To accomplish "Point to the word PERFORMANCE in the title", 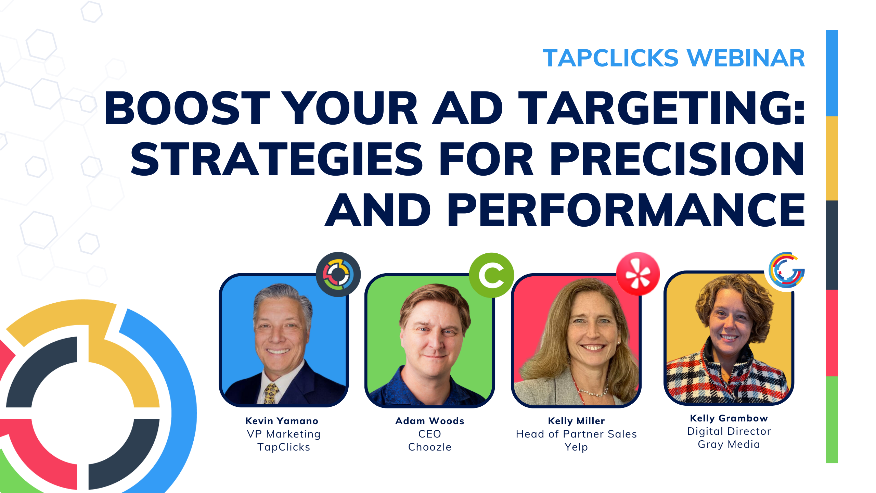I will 626,210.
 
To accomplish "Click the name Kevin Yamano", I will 282,421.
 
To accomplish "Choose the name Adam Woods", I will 430,421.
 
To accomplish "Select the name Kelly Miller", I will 576,421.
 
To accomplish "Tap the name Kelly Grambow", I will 729,418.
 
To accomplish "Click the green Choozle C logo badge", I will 491,275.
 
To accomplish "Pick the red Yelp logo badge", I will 638,274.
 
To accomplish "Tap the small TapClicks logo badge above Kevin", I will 338,274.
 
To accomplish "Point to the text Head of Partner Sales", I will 576,434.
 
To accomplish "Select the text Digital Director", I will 729,431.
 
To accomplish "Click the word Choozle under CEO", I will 430,447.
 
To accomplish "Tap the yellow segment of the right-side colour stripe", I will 832,158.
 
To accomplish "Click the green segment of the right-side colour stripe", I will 832,419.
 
